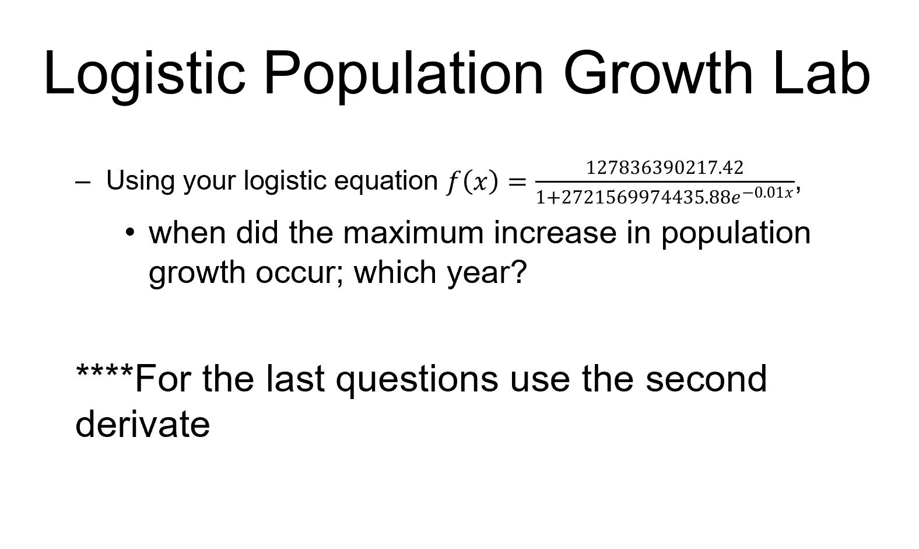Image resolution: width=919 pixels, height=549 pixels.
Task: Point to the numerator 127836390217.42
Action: (x=665, y=169)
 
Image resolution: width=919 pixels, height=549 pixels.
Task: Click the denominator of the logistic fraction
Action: (x=665, y=197)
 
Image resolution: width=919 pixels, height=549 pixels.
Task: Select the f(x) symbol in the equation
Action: (x=471, y=182)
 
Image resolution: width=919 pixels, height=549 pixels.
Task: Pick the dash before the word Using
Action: (x=82, y=182)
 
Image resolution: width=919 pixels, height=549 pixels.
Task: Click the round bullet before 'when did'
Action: (x=131, y=233)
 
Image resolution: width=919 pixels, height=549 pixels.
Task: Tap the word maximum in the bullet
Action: (x=413, y=233)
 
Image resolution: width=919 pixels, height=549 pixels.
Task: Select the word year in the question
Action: (x=478, y=272)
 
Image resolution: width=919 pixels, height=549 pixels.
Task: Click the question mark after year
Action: (x=518, y=271)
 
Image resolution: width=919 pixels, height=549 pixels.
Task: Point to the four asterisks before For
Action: (x=105, y=373)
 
